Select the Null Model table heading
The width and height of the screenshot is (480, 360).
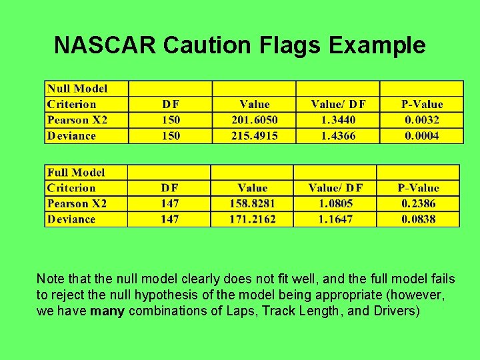pos(77,89)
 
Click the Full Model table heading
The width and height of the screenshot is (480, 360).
pos(75,173)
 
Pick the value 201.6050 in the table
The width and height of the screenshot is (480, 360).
pos(254,120)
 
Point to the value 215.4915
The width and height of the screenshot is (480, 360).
pos(254,136)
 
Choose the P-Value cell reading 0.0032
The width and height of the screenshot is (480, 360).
pos(421,120)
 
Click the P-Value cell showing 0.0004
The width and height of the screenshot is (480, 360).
pos(421,136)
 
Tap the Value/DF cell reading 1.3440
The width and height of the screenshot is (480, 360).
pos(337,120)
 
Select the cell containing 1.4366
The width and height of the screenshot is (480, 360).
pos(337,136)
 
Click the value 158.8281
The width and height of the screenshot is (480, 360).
pos(252,203)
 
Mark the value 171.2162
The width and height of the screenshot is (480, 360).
pos(252,219)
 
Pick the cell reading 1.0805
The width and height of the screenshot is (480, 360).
pos(335,203)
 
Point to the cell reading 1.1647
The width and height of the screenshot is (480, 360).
pos(335,219)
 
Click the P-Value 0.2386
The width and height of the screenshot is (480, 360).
pos(418,203)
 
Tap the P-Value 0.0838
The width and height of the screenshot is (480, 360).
pos(418,219)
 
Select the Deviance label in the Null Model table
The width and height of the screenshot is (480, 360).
pos(71,136)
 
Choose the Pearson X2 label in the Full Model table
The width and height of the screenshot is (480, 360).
pos(77,203)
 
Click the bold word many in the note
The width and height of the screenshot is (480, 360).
pos(108,311)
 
